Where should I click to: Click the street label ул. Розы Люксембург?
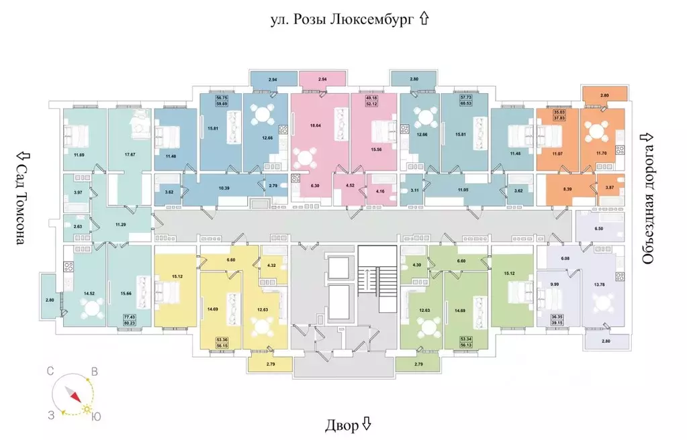coord(341,19)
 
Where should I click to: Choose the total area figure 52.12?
coord(371,103)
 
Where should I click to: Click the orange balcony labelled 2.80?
coord(604,95)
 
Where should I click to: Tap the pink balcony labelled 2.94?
coord(322,79)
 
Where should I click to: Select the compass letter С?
coord(50,371)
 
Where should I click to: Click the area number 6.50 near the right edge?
coord(599,229)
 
